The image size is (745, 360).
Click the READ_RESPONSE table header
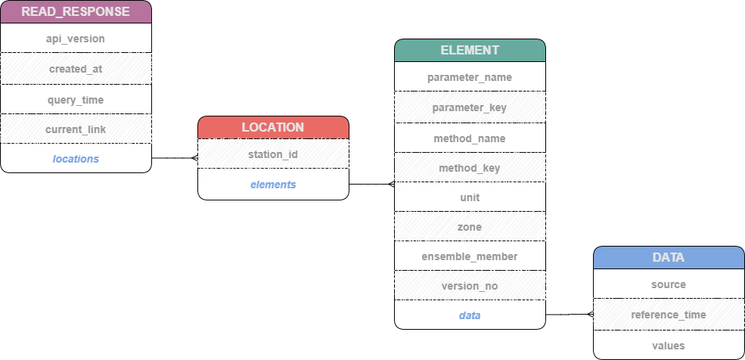(x=76, y=12)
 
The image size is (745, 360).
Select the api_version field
(x=76, y=39)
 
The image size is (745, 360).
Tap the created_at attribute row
(x=76, y=69)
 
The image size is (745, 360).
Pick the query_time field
(x=76, y=100)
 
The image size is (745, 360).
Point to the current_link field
(x=76, y=129)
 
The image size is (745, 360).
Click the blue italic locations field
(x=76, y=159)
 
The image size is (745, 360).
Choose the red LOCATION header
(x=273, y=127)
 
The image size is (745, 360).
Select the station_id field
(x=273, y=154)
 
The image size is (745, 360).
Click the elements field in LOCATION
(x=273, y=185)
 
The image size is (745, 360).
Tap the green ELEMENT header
(x=470, y=50)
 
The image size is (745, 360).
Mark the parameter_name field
(x=470, y=77)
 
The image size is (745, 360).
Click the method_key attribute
(x=470, y=168)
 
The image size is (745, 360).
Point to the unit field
(x=470, y=197)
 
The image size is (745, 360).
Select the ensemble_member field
(x=470, y=256)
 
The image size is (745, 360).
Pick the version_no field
(x=470, y=286)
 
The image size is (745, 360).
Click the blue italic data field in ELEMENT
(x=470, y=315)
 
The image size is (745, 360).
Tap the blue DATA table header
(x=669, y=257)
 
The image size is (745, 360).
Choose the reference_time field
(x=669, y=315)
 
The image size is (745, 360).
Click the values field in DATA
(x=669, y=346)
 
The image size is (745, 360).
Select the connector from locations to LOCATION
(x=175, y=158)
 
